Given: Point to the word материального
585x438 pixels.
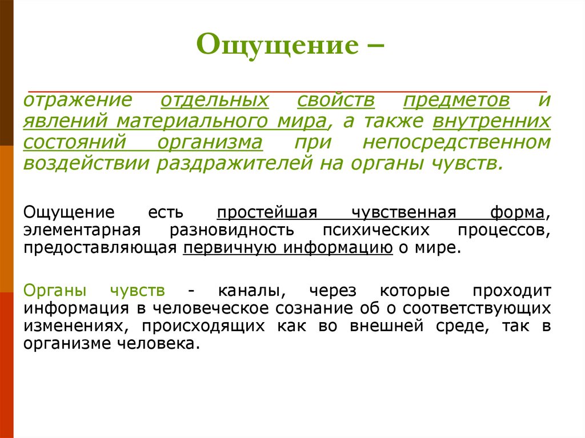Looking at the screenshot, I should point(224,122).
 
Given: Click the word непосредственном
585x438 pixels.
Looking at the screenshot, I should point(457,142).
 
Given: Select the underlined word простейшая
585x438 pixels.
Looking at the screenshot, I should point(266,213).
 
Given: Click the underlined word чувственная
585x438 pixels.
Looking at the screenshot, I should point(403,213).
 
